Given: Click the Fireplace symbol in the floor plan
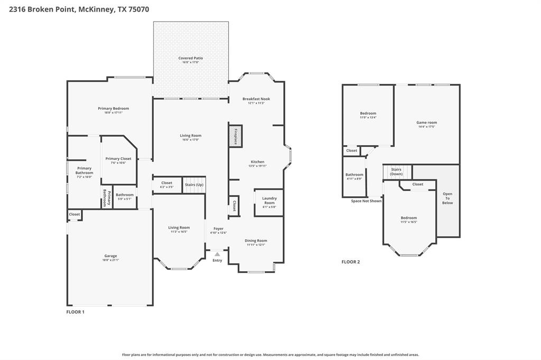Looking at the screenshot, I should click(235, 136).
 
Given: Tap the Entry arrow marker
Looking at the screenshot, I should click(217, 254).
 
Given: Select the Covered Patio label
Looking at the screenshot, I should click(190, 58).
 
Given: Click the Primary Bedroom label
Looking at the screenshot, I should click(113, 109).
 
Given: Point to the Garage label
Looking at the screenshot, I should click(110, 256).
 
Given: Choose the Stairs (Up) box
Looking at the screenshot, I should click(194, 185).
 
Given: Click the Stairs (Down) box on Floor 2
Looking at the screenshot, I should click(396, 172).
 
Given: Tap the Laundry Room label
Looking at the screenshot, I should click(269, 201).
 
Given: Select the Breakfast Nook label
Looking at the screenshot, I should click(256, 99).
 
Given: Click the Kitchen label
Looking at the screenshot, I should click(257, 162).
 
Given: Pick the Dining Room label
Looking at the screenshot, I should click(256, 241).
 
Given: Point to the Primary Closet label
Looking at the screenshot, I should click(118, 159).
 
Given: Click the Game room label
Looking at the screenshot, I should click(426, 122).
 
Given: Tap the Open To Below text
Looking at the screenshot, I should click(447, 198).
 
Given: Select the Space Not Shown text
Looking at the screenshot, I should click(366, 201).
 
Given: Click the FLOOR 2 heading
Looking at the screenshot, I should click(350, 262).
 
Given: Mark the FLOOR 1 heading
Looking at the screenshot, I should click(75, 312).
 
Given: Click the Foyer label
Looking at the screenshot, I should click(218, 229).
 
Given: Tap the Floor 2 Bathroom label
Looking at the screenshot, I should click(354, 175).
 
